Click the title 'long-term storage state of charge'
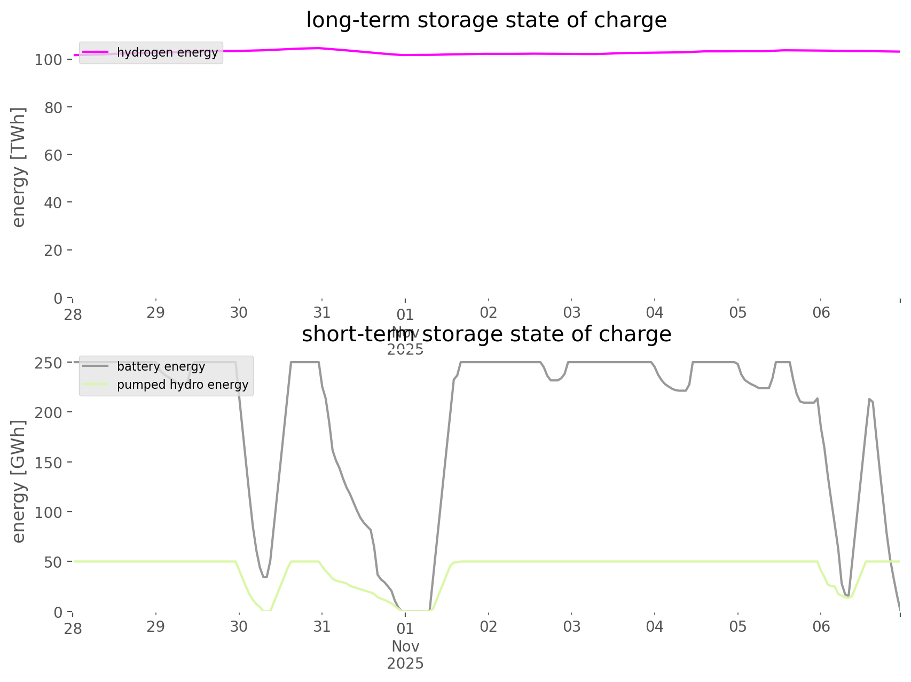(x=486, y=20)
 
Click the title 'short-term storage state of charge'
(x=486, y=334)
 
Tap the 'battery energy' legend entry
(x=161, y=366)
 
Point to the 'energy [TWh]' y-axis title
(x=19, y=167)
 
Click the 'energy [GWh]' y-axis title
(x=19, y=481)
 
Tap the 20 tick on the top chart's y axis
(x=53, y=250)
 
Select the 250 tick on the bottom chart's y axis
(x=49, y=363)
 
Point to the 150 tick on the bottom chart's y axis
(x=49, y=462)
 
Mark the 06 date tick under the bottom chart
(x=821, y=627)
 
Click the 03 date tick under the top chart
(x=571, y=313)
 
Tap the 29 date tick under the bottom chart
(x=156, y=627)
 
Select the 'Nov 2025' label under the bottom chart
(x=405, y=655)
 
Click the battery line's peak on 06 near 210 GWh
(x=870, y=399)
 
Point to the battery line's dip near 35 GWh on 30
(x=265, y=577)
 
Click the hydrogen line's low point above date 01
(x=406, y=55)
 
